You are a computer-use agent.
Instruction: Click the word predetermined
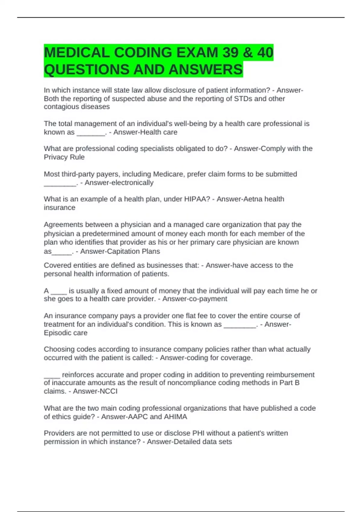108,234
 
